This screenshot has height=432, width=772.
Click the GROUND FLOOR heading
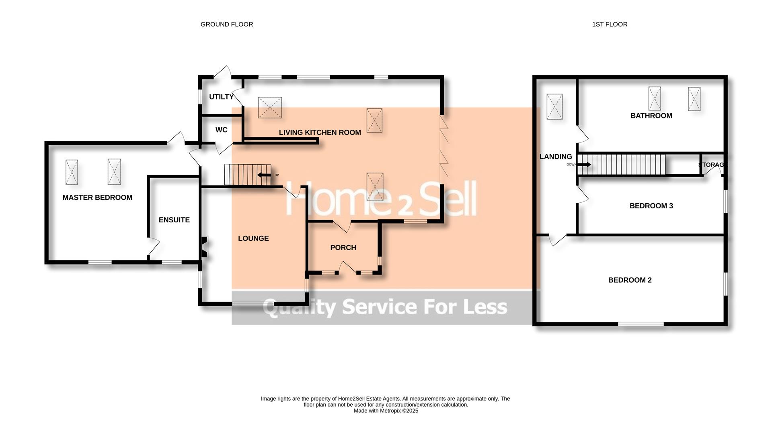(x=227, y=24)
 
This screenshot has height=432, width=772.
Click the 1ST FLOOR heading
(x=610, y=24)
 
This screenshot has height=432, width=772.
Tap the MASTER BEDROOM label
(x=97, y=198)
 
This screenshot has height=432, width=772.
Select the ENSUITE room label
(x=174, y=220)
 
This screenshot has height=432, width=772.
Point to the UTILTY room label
(x=221, y=97)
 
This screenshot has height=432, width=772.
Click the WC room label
(x=222, y=130)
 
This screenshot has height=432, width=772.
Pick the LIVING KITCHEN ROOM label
(x=320, y=132)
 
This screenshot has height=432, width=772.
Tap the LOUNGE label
(x=253, y=238)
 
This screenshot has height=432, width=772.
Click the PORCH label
(x=343, y=248)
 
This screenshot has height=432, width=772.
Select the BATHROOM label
(x=651, y=116)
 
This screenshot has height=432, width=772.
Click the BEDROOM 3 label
(x=651, y=206)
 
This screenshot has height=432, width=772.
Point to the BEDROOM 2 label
(x=630, y=280)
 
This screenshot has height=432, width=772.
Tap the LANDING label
(x=556, y=157)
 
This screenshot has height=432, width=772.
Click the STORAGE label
(x=712, y=165)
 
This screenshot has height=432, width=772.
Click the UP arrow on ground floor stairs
(x=264, y=175)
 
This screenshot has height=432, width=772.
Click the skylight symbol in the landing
(x=554, y=107)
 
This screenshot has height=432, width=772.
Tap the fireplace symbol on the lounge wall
(x=204, y=247)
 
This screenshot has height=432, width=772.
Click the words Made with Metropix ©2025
(x=386, y=411)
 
